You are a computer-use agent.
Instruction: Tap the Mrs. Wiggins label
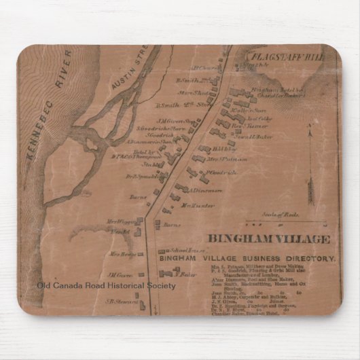tap(119, 221)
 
